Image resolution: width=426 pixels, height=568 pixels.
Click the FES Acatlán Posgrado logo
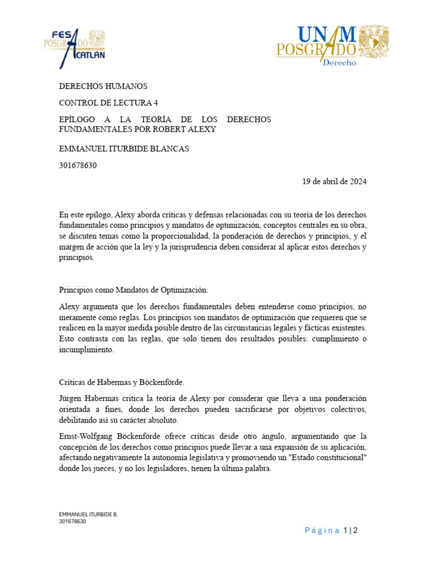[74, 48]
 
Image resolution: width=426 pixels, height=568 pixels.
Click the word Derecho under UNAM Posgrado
[339, 62]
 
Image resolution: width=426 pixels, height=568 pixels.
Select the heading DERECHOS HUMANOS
[103, 86]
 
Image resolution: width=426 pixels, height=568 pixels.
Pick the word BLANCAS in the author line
[169, 149]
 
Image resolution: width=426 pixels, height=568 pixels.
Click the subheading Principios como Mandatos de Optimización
[134, 290]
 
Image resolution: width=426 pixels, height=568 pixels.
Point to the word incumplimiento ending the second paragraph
[86, 350]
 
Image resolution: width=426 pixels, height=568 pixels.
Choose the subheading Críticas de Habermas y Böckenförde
[122, 382]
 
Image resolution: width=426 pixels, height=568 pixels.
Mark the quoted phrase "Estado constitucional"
[322, 458]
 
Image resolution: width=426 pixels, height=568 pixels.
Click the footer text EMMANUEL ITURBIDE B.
[88, 514]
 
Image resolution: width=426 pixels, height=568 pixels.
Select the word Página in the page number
[322, 530]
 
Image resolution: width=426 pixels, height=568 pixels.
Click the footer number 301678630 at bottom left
[73, 521]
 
